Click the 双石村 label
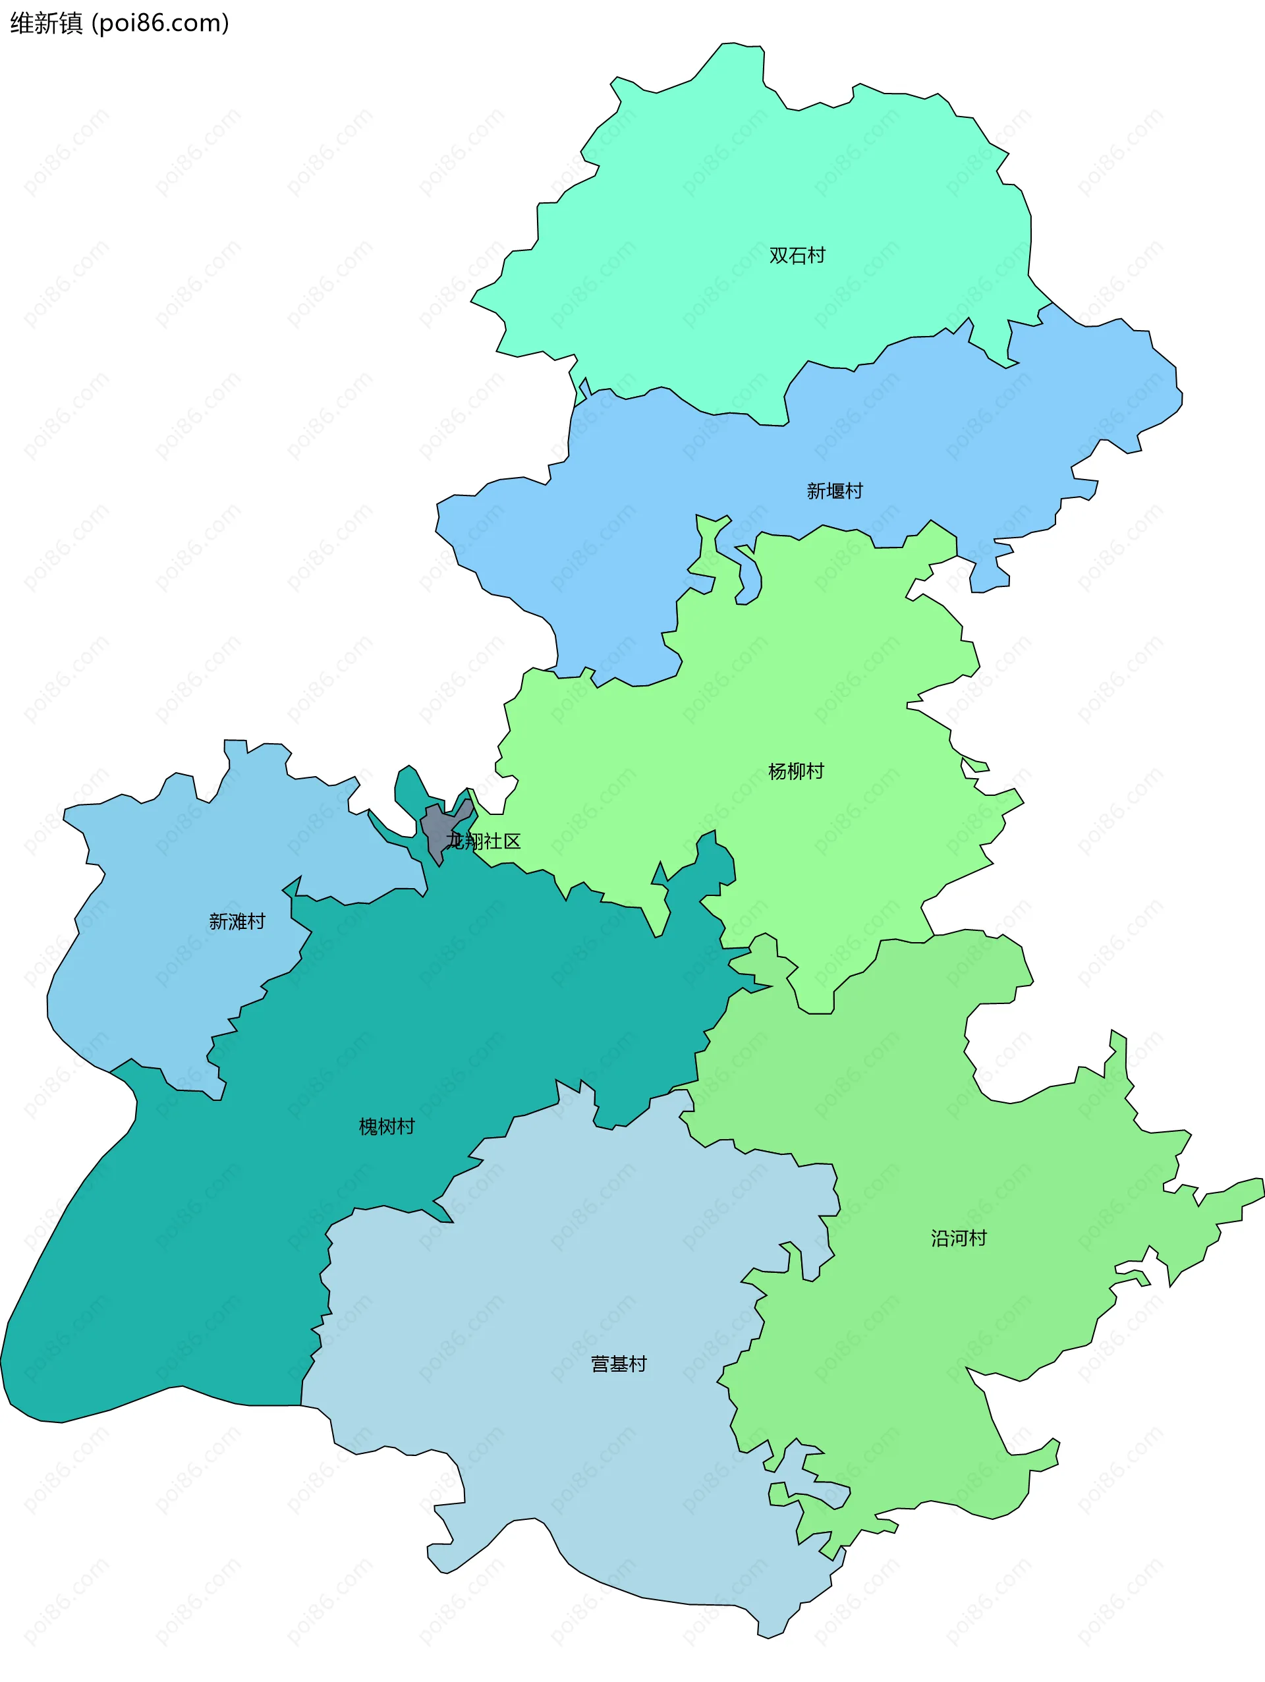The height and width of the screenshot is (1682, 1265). click(797, 256)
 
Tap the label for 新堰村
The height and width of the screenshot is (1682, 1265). click(835, 491)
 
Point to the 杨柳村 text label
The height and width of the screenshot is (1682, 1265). click(796, 771)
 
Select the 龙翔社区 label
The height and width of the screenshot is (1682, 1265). click(484, 841)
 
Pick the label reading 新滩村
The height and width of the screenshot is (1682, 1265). click(237, 922)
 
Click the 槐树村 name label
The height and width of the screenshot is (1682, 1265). click(387, 1126)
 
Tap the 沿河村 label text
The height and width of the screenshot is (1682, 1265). click(959, 1238)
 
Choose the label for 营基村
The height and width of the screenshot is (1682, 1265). click(619, 1364)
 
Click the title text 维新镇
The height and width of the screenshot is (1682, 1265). click(45, 24)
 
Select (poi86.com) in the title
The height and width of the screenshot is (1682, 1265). click(160, 24)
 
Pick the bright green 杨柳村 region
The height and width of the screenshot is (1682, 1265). click(760, 685)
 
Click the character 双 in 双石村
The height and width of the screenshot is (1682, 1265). click(779, 256)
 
